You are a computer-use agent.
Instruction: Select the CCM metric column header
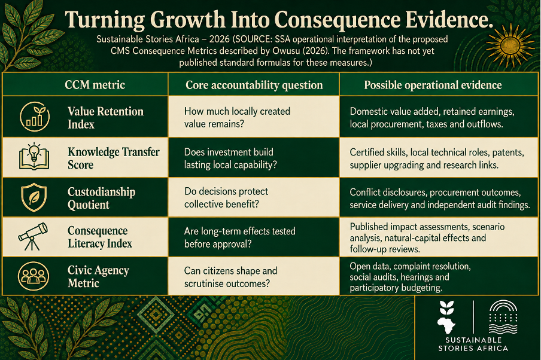pyautogui.click(x=95, y=85)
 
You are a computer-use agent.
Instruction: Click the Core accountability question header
pyautogui.click(x=254, y=85)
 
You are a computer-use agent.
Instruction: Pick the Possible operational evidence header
pyautogui.click(x=433, y=85)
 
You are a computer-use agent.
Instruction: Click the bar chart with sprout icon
pyautogui.click(x=35, y=117)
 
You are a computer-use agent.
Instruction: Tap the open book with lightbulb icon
pyautogui.click(x=34, y=157)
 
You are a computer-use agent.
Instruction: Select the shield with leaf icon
pyautogui.click(x=34, y=197)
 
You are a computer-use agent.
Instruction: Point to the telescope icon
pyautogui.click(x=33, y=237)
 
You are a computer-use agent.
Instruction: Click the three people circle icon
pyautogui.click(x=34, y=276)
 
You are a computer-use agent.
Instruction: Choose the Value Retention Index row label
pyautogui.click(x=105, y=118)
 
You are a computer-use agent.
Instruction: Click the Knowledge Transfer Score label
pyautogui.click(x=114, y=158)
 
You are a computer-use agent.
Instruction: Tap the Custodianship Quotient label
pyautogui.click(x=102, y=198)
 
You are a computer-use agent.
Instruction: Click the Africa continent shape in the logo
pyautogui.click(x=446, y=325)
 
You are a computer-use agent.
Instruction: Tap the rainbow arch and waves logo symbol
pyautogui.click(x=503, y=317)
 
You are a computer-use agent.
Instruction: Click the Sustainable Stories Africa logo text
pyautogui.click(x=473, y=344)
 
